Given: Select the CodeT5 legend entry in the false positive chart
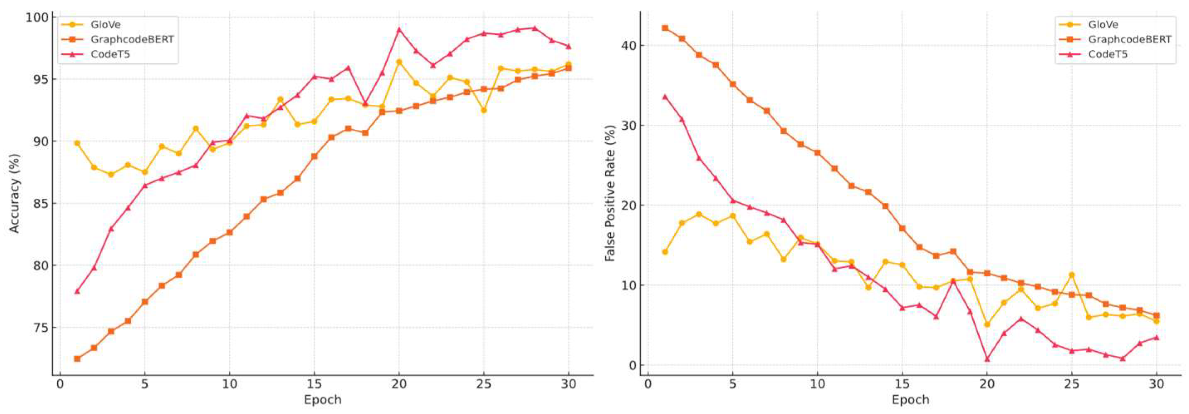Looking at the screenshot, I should pyautogui.click(x=1107, y=54).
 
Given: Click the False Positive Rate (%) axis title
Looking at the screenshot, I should pyautogui.click(x=610, y=193).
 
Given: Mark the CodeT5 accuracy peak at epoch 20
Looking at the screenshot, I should pyautogui.click(x=399, y=30).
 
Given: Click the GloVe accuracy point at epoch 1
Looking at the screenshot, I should pyautogui.click(x=77, y=143).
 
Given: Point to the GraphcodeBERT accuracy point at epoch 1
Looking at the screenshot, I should pyautogui.click(x=77, y=359).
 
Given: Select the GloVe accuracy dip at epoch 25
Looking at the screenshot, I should pyautogui.click(x=484, y=110).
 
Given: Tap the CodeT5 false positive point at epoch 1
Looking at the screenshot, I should pyautogui.click(x=665, y=96).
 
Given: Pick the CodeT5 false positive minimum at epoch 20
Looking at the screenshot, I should pyautogui.click(x=987, y=359).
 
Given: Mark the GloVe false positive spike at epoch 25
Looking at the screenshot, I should pyautogui.click(x=1072, y=275).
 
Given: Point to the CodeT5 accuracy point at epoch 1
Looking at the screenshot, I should pyautogui.click(x=77, y=291).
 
